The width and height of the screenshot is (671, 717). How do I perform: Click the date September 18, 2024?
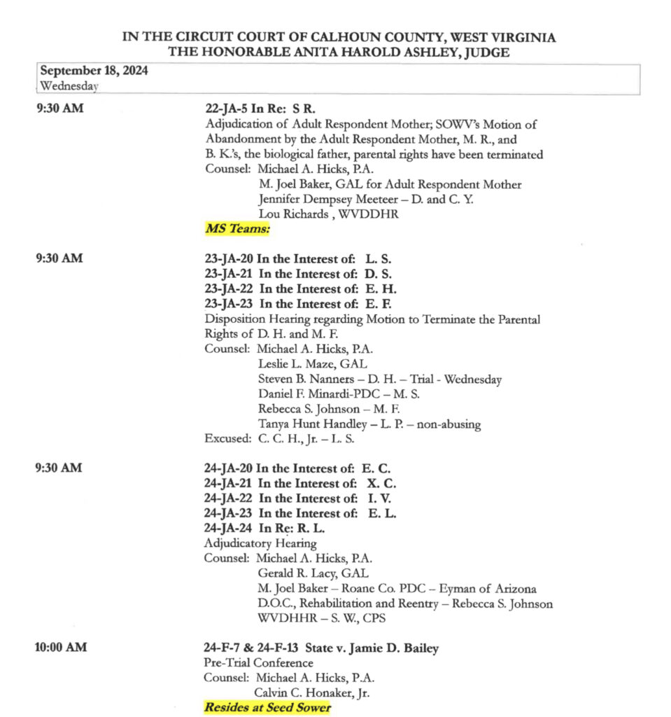94,71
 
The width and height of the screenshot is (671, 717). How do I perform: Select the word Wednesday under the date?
69,86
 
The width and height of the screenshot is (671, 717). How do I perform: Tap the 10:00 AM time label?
61,648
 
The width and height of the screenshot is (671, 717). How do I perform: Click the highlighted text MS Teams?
237,229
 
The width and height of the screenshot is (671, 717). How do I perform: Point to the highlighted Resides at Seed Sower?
267,708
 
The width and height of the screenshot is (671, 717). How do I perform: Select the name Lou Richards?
292,214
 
